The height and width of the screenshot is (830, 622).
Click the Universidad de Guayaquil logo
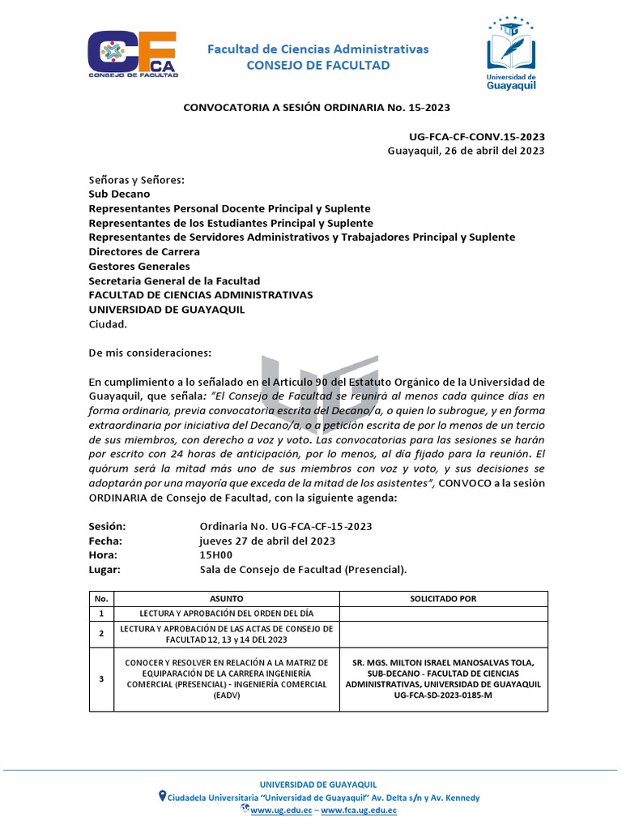coord(510,53)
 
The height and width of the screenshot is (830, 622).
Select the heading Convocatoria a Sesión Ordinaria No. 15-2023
coord(317,106)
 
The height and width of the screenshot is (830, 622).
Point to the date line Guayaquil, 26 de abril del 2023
coord(466,150)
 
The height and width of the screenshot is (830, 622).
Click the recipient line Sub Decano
coord(119,194)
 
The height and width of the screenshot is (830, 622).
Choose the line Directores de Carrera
coord(144,251)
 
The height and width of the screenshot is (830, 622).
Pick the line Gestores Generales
coord(139,266)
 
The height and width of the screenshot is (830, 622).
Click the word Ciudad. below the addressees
coord(108,324)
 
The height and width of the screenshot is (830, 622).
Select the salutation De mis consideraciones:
coord(150,353)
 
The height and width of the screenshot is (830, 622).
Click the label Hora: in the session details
coord(103,555)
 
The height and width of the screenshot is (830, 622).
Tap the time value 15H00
coord(216,555)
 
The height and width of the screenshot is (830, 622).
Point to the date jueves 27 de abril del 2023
coord(267,541)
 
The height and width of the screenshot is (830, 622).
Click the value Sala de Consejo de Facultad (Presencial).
coord(303,570)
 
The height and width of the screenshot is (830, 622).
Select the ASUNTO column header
coord(226,599)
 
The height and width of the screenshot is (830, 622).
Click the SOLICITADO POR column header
coord(443,599)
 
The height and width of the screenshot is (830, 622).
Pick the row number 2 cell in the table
coord(101,634)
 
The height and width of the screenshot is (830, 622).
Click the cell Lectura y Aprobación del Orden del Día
coord(226,614)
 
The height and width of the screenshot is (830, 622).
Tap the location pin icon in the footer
coord(163,796)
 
